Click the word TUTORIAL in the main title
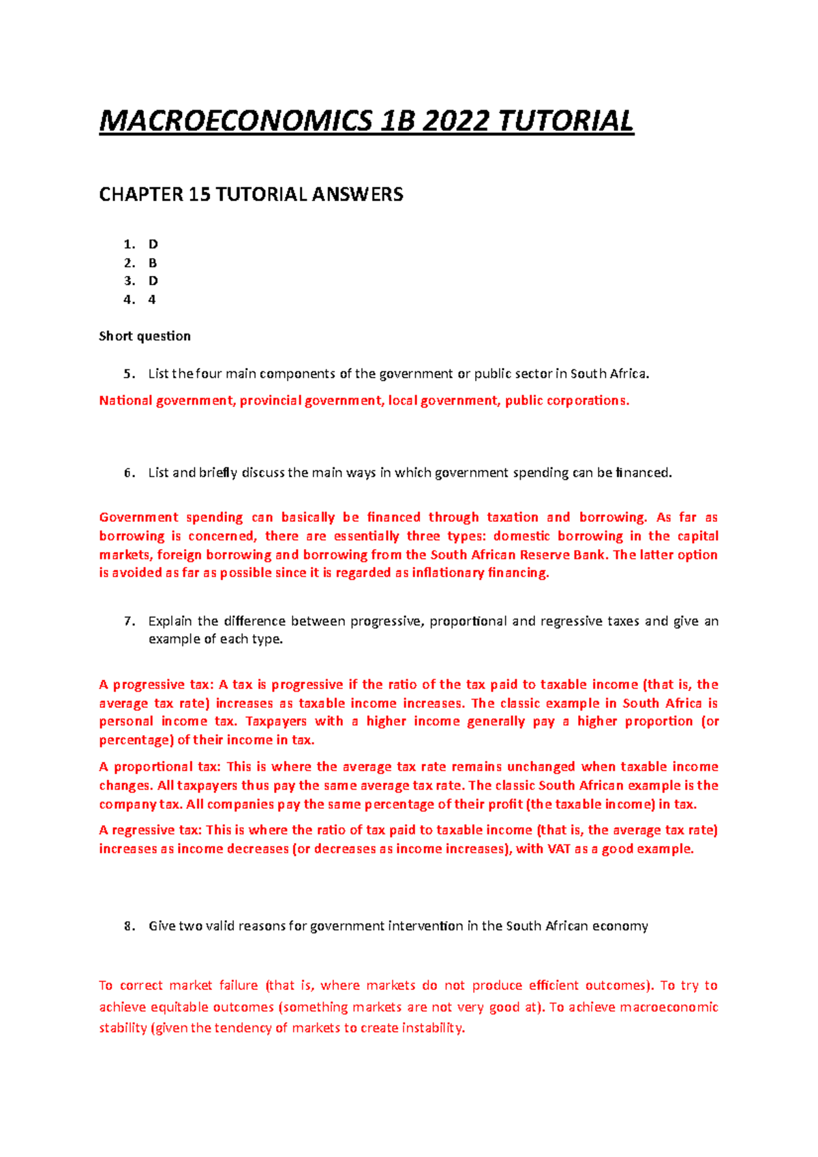pyautogui.click(x=566, y=122)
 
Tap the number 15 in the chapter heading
pyautogui.click(x=199, y=195)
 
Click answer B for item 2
pyautogui.click(x=153, y=263)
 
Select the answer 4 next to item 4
pyautogui.click(x=152, y=300)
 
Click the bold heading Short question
pyautogui.click(x=145, y=336)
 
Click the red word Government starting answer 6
pyautogui.click(x=139, y=518)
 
